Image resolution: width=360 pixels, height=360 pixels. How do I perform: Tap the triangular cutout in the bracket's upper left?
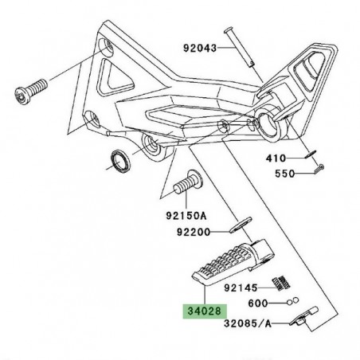click(x=121, y=76)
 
